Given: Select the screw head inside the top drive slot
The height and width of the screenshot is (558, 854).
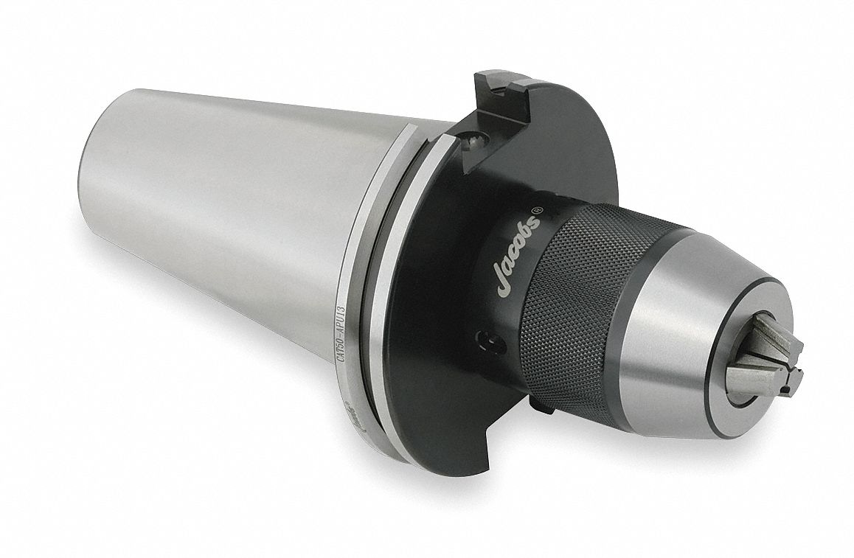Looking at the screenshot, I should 472,139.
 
